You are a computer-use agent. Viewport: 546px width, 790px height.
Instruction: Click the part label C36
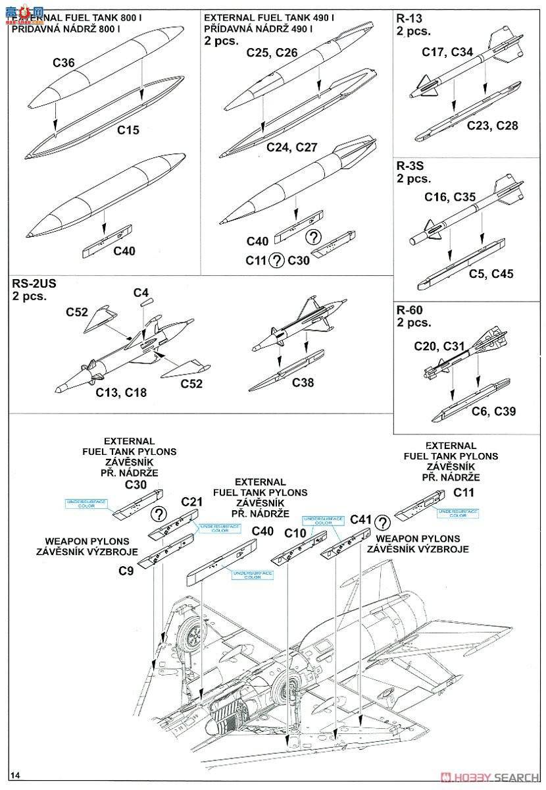63,63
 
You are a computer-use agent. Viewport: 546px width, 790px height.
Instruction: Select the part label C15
128,130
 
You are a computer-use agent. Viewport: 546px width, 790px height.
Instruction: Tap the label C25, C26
272,53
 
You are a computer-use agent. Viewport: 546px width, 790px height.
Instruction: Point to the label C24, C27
292,147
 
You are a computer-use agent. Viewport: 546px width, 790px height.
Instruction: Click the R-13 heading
410,18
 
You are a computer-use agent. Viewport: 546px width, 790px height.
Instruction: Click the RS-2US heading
34,283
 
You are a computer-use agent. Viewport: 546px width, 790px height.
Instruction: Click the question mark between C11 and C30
276,260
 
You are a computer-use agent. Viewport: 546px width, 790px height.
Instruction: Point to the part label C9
126,571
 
